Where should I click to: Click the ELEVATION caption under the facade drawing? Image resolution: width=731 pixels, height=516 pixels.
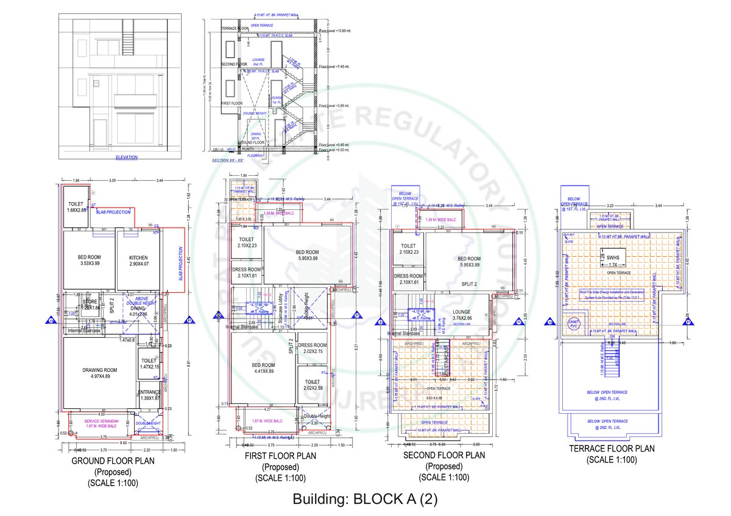point(127,158)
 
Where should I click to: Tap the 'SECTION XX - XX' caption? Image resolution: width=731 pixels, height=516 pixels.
point(227,160)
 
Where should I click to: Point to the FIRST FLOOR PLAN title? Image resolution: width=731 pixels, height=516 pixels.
point(280,456)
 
